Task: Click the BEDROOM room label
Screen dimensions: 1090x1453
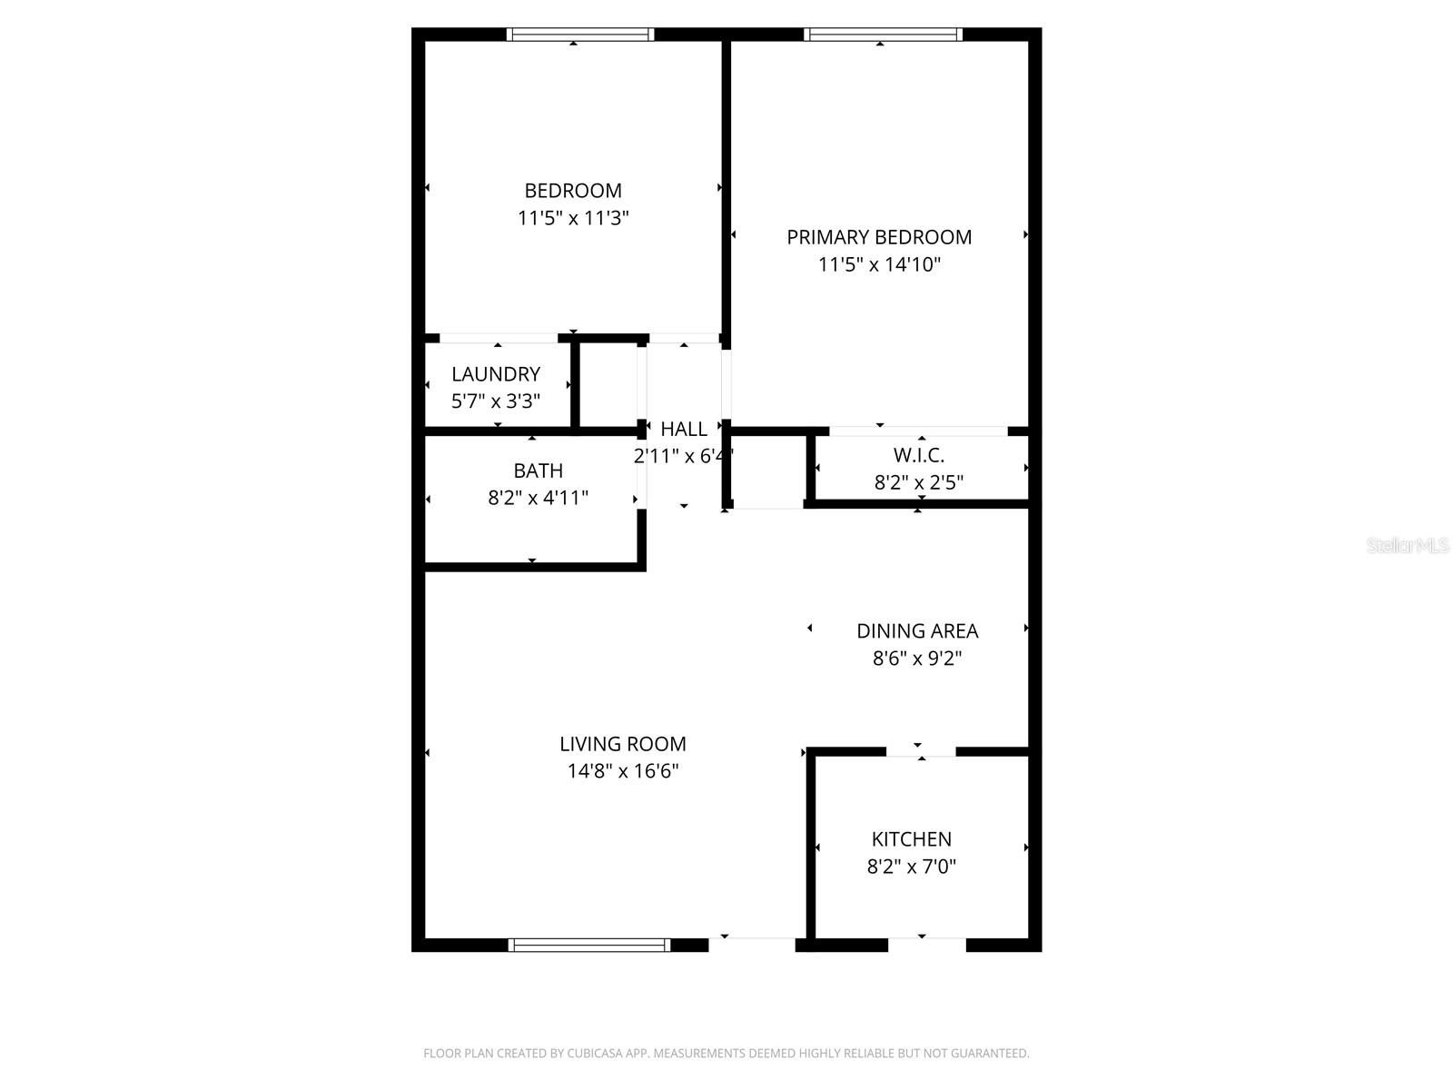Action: point(573,191)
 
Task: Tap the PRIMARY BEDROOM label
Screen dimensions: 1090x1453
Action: point(879,237)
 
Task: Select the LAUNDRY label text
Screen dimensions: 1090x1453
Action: point(496,374)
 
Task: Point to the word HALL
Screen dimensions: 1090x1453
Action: point(684,429)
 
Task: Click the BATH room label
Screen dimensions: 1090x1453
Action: point(539,471)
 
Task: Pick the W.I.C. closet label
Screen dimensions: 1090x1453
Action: point(919,455)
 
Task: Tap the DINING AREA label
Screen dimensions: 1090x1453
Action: point(917,630)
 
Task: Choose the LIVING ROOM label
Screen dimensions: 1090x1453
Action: point(623,744)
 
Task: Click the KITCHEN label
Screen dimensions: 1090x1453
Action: point(912,839)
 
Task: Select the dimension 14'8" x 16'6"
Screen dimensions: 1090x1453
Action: point(623,772)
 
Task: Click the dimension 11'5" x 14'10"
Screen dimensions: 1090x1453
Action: point(879,265)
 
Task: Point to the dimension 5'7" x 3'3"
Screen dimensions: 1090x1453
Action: point(496,401)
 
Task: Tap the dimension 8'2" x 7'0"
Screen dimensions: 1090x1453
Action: point(912,867)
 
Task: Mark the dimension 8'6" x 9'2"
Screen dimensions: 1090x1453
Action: point(917,659)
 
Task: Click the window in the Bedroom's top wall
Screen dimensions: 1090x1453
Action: point(580,35)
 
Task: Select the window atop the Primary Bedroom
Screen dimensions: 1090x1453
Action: point(883,35)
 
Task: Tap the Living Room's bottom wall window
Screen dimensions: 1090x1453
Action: point(589,945)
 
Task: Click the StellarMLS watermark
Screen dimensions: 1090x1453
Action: point(1408,546)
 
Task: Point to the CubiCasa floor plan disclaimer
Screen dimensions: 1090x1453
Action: point(726,1054)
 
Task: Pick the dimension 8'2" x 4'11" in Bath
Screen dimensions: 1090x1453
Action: point(539,498)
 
